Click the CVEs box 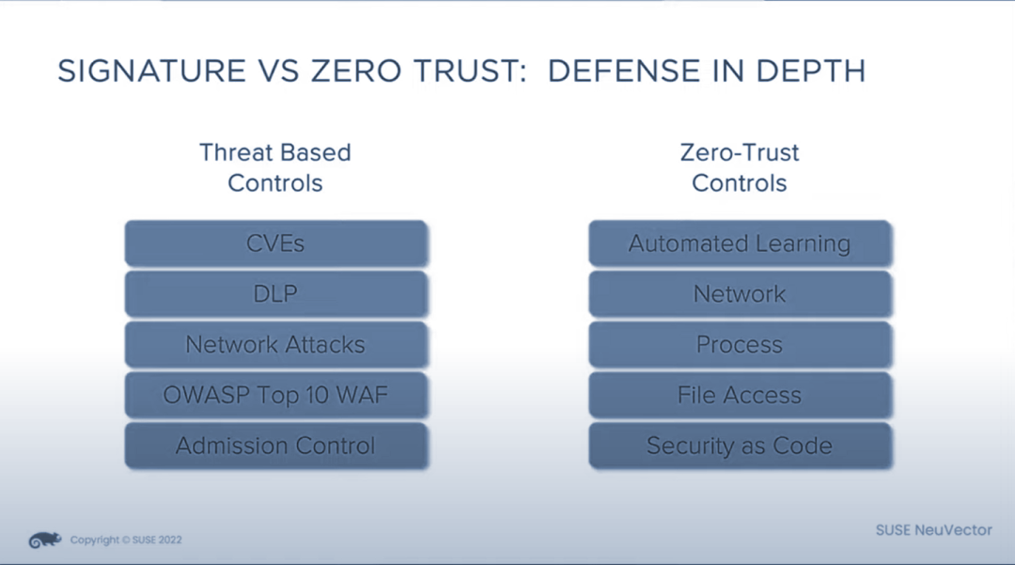(x=275, y=243)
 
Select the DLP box (x=275, y=294)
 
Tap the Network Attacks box (x=275, y=344)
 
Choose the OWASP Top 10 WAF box (x=275, y=395)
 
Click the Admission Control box (x=275, y=446)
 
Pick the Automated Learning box (x=740, y=243)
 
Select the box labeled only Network (x=740, y=294)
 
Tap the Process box (x=740, y=344)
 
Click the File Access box (x=740, y=395)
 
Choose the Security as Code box (x=740, y=446)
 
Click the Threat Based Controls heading (x=275, y=167)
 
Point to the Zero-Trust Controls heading (x=740, y=167)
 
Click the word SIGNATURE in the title (x=152, y=71)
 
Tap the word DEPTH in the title (x=810, y=71)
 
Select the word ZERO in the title (x=356, y=71)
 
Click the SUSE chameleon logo (x=45, y=540)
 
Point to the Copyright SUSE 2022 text (x=126, y=540)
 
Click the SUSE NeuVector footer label (x=933, y=530)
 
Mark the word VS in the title (x=278, y=71)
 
